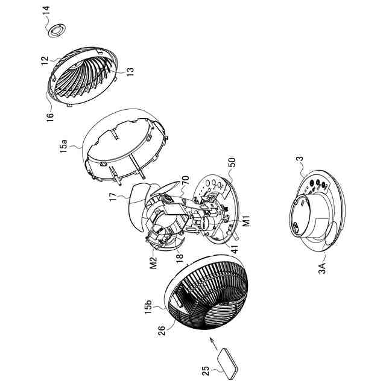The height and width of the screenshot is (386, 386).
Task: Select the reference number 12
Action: [45, 60]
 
